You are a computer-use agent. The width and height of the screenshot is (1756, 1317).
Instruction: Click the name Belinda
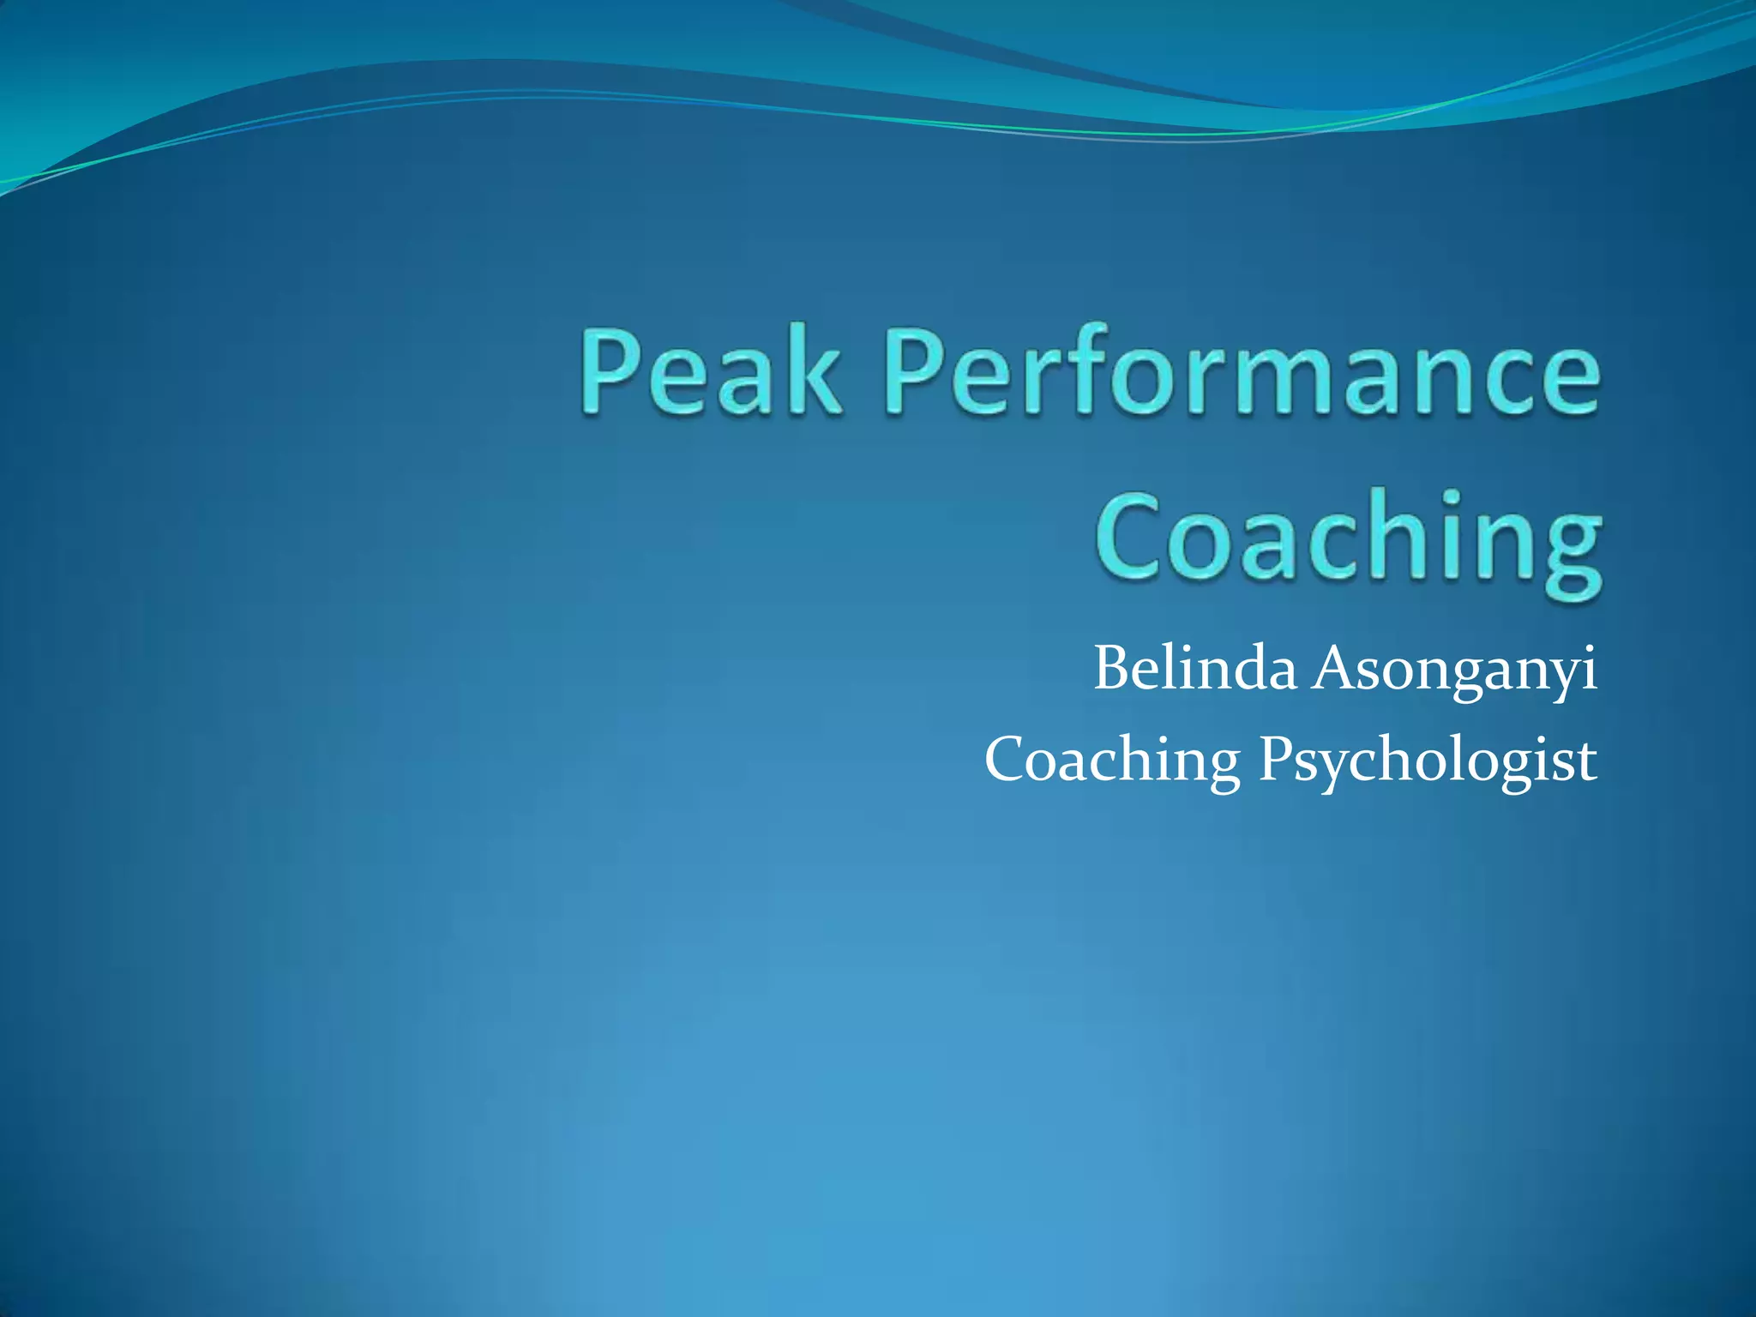tap(1195, 668)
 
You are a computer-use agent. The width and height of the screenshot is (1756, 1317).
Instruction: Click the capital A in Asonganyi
tap(1332, 668)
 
